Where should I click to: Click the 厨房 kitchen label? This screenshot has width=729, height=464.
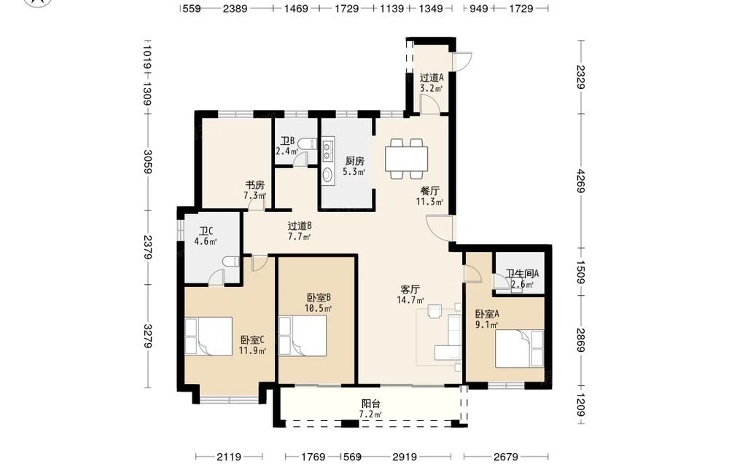coord(354,161)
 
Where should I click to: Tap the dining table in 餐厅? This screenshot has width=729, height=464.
coord(406,159)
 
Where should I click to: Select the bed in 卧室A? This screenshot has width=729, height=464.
coord(519,348)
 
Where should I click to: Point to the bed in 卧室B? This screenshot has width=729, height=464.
coord(303,336)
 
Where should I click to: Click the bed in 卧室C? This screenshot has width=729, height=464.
coord(208,337)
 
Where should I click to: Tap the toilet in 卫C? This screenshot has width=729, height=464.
coord(231,262)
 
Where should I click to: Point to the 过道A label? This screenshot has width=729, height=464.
coord(432,77)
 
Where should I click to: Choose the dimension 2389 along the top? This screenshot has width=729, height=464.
coord(235,8)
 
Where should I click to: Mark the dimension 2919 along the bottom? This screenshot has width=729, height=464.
coord(405,457)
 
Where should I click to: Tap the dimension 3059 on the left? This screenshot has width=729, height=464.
coord(148,161)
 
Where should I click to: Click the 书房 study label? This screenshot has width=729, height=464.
coord(254,185)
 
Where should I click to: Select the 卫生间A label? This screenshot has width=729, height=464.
coord(522,274)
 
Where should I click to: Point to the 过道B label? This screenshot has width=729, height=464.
coord(300,227)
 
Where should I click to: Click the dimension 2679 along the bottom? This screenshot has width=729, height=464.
coord(506,457)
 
